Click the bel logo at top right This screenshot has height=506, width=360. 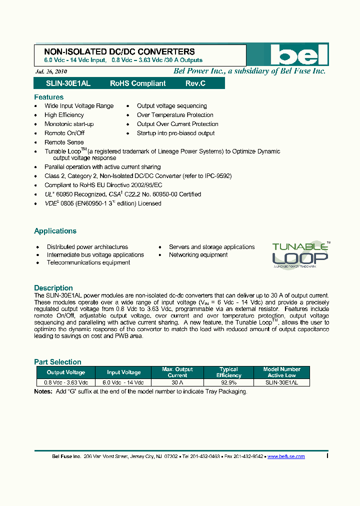point(298,55)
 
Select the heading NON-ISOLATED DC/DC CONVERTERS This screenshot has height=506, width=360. point(119,51)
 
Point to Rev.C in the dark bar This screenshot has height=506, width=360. point(195,83)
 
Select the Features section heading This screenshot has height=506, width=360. point(48,97)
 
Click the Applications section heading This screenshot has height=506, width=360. point(55,231)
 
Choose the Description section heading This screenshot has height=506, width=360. point(53,288)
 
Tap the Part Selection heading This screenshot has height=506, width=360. point(57,362)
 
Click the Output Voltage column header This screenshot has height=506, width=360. point(66,372)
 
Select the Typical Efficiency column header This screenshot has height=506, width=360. point(229,372)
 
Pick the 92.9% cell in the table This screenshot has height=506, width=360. point(229,382)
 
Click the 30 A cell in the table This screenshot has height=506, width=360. point(177,382)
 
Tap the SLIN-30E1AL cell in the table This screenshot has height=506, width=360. point(282,382)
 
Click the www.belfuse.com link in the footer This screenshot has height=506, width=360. point(286,456)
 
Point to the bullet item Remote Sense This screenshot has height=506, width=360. point(64,142)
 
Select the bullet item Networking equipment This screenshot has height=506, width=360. point(198,254)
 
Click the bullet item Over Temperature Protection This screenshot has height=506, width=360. point(175,115)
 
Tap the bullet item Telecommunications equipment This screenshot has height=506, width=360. point(88,262)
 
